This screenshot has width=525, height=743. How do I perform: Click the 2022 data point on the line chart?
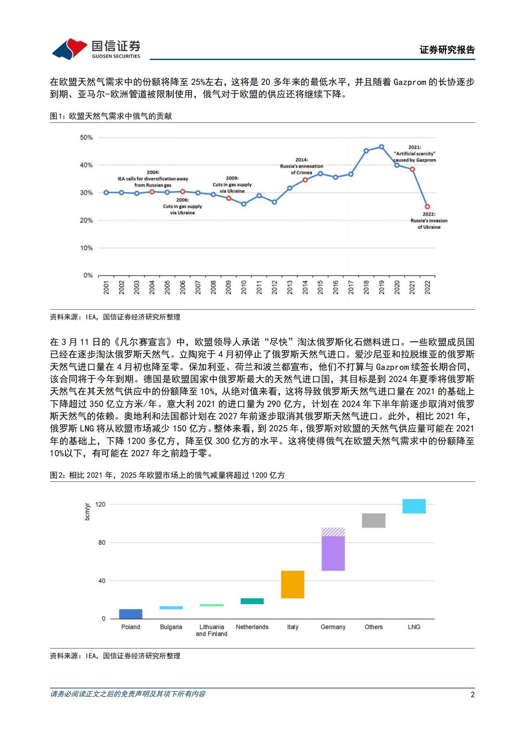pos(427,207)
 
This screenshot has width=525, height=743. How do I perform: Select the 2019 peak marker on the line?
pos(381,147)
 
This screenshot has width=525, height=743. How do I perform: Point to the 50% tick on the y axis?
pos(86,137)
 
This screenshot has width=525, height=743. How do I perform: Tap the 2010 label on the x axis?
pos(243,287)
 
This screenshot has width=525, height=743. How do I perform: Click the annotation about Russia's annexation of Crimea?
pos(301,166)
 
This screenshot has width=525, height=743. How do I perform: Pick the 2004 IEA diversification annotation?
pos(153,179)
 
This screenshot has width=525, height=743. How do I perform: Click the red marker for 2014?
pos(305,180)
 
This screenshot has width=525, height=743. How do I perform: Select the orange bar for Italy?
pos(292,584)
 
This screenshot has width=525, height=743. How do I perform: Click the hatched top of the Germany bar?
pos(333,532)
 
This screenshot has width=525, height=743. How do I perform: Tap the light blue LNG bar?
pos(414,506)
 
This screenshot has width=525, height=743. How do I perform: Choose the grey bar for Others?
pos(373,520)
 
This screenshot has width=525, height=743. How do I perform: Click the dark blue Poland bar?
pos(131,614)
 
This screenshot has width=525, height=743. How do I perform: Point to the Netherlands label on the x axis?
pos(252,627)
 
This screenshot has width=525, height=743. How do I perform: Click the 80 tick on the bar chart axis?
pos(102,542)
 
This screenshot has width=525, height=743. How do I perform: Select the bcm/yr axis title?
pos(87,511)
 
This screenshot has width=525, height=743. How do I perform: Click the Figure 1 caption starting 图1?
pos(111,116)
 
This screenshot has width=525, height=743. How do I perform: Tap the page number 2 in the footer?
pos(472,695)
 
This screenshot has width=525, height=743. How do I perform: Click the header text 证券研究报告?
pos(447,50)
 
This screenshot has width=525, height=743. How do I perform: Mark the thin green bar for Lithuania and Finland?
pos(211,605)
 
